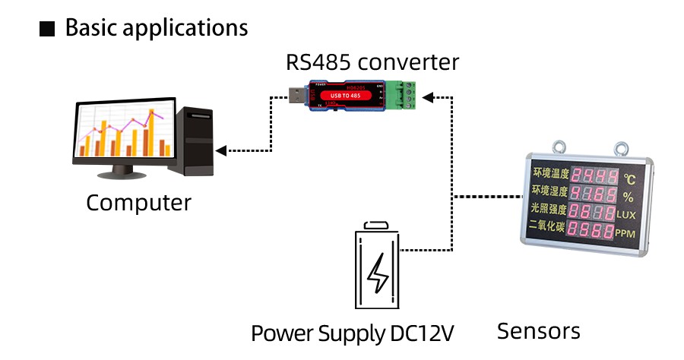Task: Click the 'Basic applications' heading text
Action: (157, 28)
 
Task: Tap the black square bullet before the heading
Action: (47, 30)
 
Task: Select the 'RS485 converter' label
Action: (372, 62)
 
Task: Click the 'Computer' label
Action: (138, 203)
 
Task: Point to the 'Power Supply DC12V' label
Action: (352, 333)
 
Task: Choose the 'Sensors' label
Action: (538, 331)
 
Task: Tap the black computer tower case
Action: (195, 141)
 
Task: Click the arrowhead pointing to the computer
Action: (220, 150)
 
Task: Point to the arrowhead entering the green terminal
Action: (428, 96)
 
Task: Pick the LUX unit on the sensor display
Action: (625, 215)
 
